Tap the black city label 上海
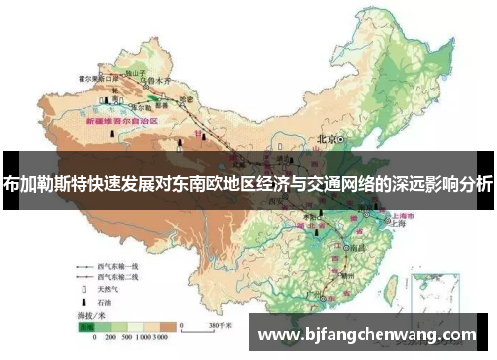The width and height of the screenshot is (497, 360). [x=389, y=224]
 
